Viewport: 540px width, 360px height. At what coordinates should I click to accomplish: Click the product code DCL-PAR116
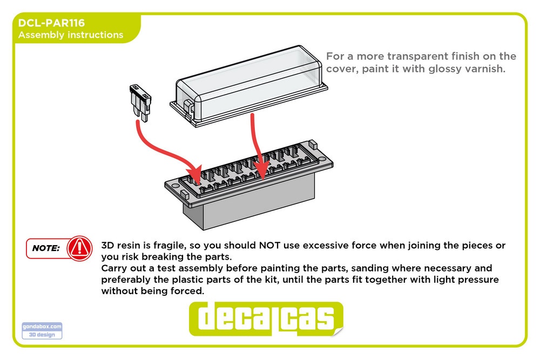[51, 23]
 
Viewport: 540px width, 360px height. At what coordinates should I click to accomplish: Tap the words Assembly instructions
[71, 35]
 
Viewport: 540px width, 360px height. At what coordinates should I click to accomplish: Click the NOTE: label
[46, 248]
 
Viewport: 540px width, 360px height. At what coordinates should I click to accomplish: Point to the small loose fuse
[140, 103]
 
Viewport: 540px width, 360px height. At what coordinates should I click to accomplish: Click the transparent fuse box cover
[248, 86]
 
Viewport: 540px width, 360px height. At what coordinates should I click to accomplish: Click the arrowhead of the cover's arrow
[262, 169]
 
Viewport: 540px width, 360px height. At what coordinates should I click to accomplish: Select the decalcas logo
[266, 318]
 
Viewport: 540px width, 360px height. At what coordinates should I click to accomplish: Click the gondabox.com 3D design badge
[42, 330]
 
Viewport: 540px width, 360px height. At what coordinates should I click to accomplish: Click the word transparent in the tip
[417, 56]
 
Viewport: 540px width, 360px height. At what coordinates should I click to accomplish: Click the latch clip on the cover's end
[188, 107]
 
